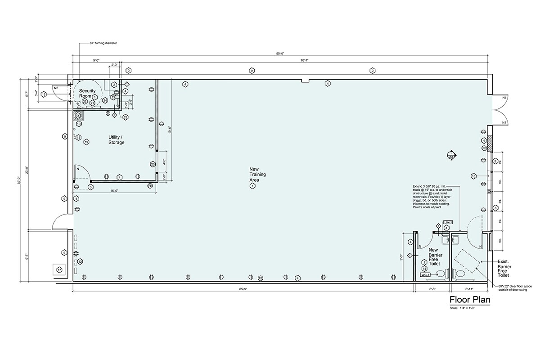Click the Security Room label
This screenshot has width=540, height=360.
(87, 93)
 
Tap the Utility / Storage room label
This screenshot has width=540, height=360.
(116, 139)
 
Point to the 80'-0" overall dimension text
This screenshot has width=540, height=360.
(280, 54)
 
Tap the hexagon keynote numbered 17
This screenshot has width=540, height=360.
(59, 270)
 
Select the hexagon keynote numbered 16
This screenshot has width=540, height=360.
(44, 94)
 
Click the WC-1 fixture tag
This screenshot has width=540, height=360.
(425, 274)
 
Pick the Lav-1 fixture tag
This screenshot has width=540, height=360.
(447, 222)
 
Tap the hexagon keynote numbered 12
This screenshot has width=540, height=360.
(80, 261)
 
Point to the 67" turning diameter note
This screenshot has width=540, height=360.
(103, 43)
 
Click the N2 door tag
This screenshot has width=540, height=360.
(56, 88)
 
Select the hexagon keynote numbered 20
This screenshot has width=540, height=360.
(153, 164)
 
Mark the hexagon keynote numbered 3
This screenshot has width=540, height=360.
(90, 187)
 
